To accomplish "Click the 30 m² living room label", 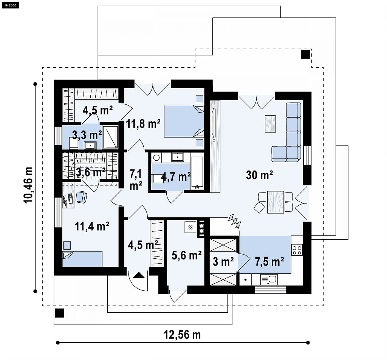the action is [259, 175].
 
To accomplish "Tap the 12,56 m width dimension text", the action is [183, 335].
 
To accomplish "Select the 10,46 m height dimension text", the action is [28, 185].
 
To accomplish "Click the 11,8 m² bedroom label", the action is [143, 123].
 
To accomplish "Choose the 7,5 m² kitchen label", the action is [269, 261].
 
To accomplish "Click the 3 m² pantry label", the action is [223, 261].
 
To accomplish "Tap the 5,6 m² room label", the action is [187, 255].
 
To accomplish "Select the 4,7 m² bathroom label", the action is [176, 177].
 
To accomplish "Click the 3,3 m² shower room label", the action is [87, 135].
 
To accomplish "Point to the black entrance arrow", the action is [139, 275].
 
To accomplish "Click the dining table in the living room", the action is [276, 202].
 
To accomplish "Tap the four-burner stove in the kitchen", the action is [297, 250].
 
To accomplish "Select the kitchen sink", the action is [269, 279].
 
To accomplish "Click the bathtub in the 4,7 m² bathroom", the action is [197, 173].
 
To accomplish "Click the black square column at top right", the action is [305, 54].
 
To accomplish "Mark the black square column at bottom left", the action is [59, 313].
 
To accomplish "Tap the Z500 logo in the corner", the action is [10, 5].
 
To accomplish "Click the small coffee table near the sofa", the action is [270, 124].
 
